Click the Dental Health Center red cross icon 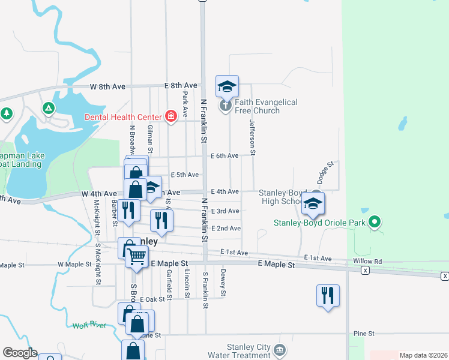171,116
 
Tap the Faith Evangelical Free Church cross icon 225,106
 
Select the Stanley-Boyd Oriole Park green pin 375,223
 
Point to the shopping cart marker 137,257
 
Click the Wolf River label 89,325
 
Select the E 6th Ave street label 224,155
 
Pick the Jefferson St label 253,137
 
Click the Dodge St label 326,172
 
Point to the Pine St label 364,333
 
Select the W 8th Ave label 107,86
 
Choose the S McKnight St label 97,264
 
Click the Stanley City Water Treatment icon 279,349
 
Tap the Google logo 20,353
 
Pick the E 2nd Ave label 226,229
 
